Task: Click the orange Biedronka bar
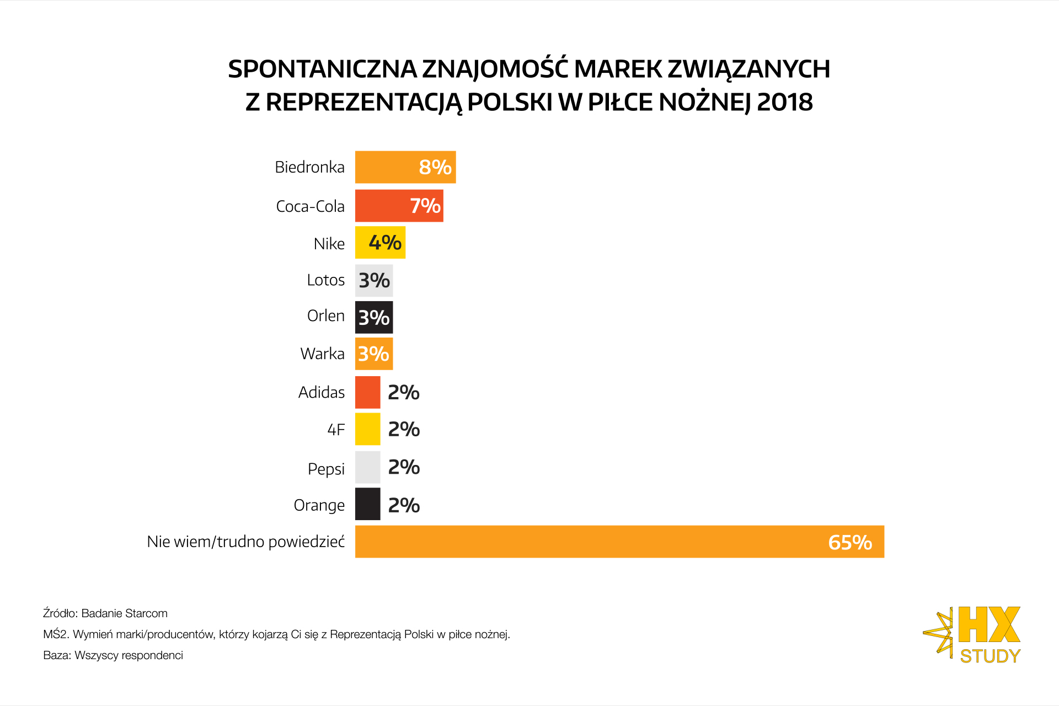(386, 167)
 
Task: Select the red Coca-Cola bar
(381, 206)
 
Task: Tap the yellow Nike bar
(362, 243)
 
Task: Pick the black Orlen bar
(374, 317)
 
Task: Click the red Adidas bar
(367, 392)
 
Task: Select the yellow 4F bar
(367, 429)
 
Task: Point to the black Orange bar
(367, 504)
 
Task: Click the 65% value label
(850, 542)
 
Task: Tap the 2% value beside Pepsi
(404, 467)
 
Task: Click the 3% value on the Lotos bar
(375, 280)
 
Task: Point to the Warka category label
(322, 354)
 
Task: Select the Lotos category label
(325, 280)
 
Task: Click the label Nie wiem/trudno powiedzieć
(245, 542)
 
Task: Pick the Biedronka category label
(309, 167)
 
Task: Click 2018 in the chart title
(785, 102)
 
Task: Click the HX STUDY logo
(974, 634)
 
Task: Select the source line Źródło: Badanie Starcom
(105, 613)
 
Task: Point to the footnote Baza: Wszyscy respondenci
(113, 655)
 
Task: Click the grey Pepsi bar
(367, 467)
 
